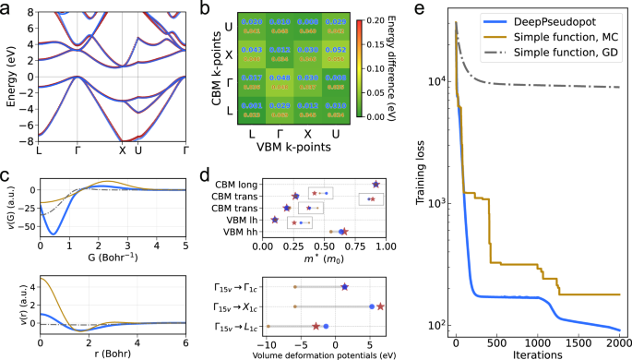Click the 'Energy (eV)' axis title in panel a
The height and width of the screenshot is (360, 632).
coord(9,72)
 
